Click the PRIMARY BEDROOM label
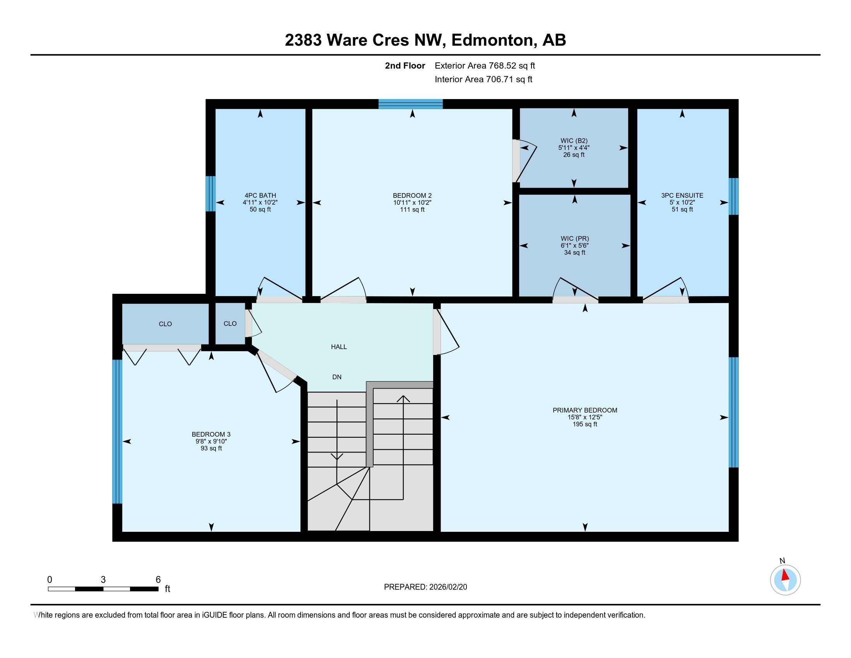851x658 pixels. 584,410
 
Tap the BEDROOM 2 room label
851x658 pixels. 412,195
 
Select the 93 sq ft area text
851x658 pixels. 211,448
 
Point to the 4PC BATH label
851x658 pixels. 260,195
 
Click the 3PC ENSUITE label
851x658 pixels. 682,195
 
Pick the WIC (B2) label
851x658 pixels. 574,141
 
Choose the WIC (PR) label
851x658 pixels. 575,238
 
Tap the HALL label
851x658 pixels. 339,346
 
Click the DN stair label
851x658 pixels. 337,377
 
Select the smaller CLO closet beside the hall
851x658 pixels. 230,324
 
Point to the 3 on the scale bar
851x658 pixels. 103,580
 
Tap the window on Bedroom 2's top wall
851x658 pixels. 411,104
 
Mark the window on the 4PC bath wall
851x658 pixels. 210,194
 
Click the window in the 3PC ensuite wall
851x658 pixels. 734,197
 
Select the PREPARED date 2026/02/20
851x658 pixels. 448,587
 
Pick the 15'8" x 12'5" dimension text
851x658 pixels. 585,417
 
